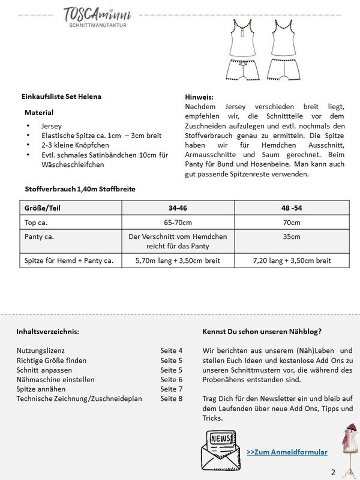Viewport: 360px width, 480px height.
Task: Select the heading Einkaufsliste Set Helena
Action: [61, 97]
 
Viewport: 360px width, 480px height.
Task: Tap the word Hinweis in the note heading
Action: [200, 97]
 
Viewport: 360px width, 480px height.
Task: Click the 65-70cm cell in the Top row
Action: [178, 221]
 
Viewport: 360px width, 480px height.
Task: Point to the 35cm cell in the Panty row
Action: [292, 236]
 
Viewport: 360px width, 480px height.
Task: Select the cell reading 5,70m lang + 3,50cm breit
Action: [178, 260]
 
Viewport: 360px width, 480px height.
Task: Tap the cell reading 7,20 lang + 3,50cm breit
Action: [292, 260]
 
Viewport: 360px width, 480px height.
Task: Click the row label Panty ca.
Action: [39, 236]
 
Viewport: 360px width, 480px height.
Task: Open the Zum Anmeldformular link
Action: [287, 452]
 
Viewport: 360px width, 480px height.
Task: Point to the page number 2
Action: [332, 471]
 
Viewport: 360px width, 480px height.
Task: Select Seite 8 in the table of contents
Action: [171, 398]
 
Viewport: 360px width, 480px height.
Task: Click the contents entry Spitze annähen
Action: [42, 389]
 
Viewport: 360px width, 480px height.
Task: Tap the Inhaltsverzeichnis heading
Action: [47, 331]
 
